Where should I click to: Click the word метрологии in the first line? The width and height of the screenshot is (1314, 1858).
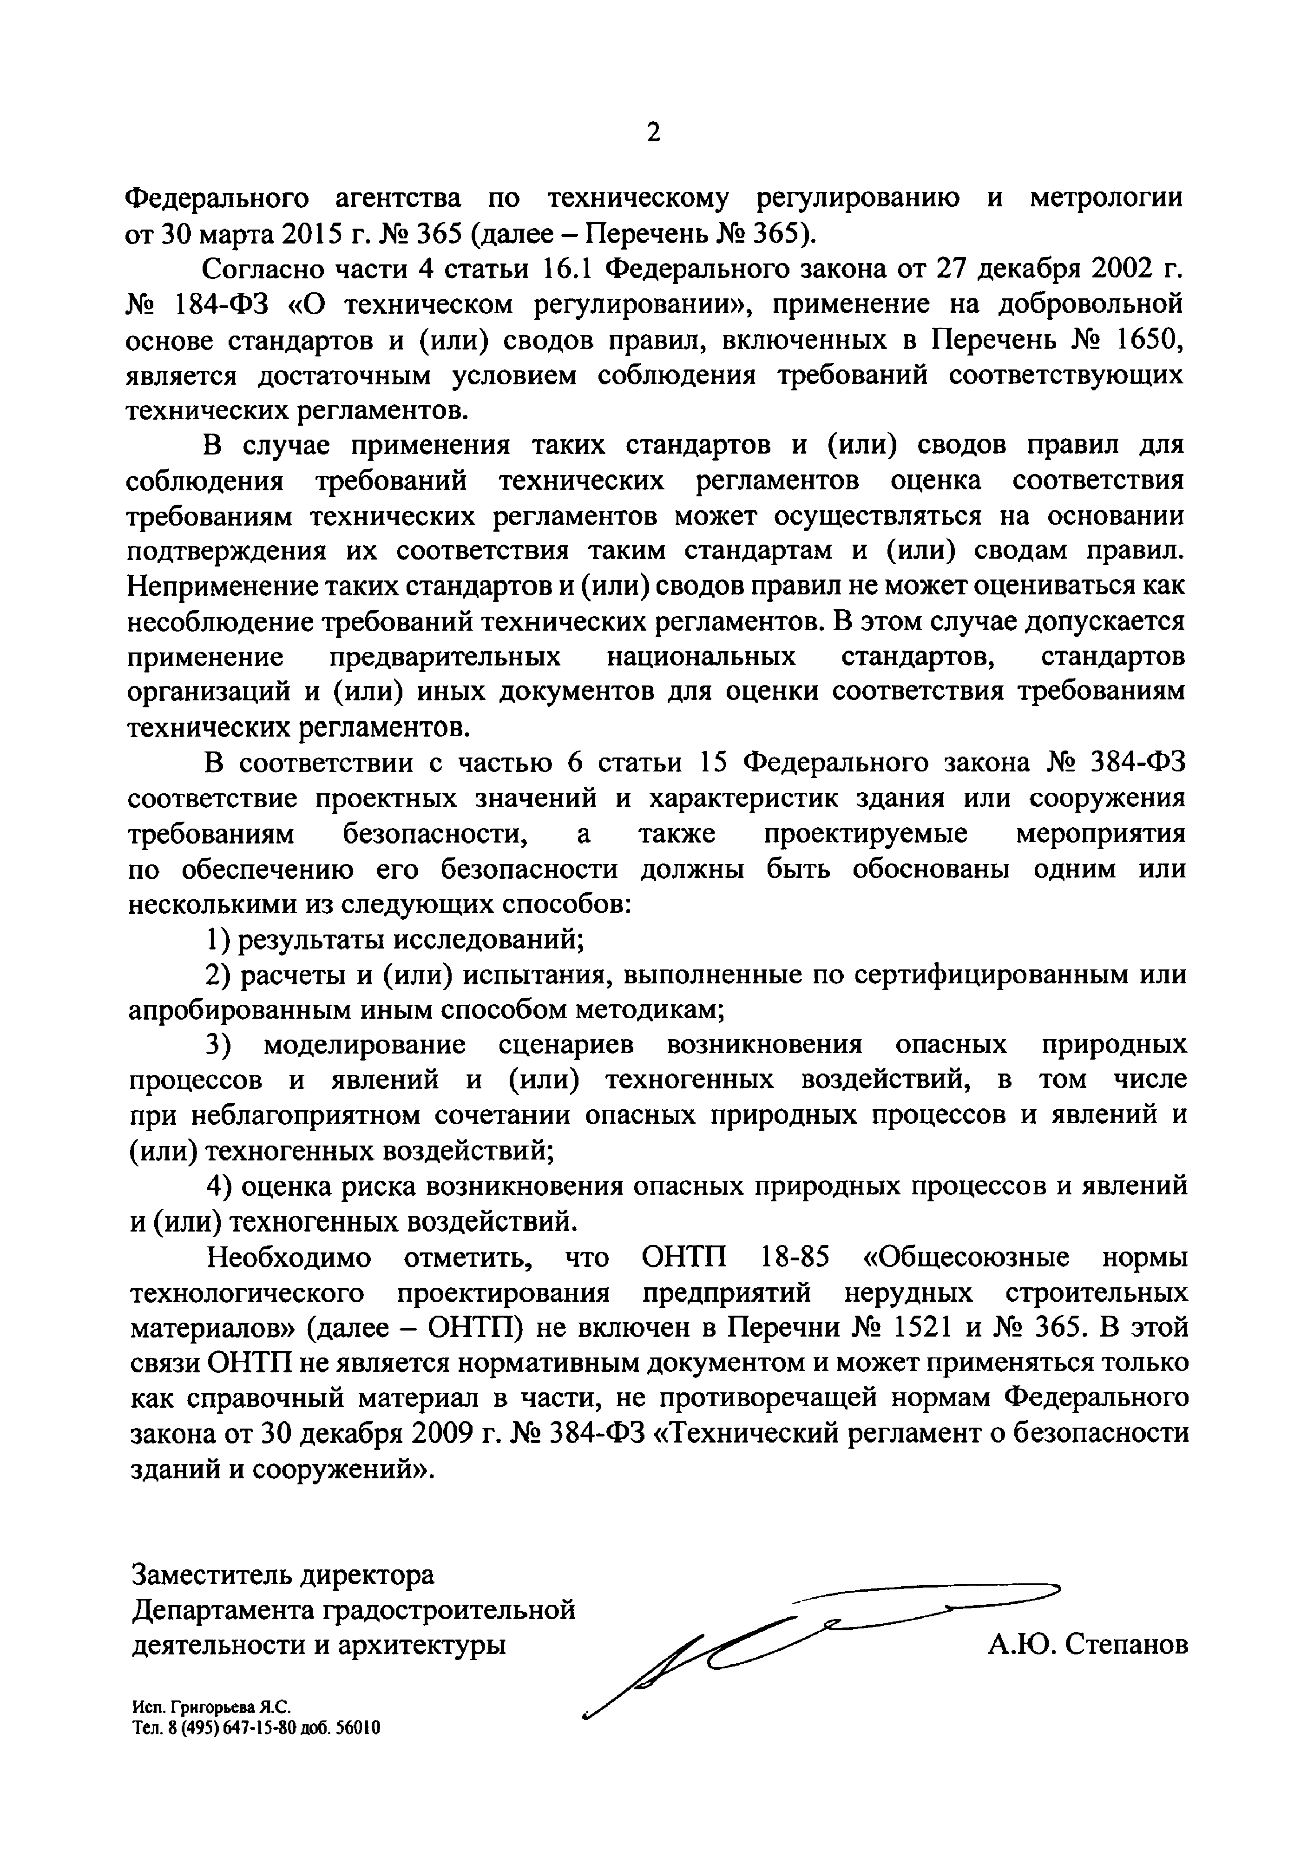click(x=1105, y=198)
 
